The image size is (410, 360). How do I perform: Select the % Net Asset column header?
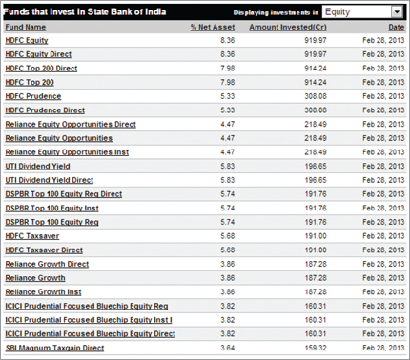pyautogui.click(x=213, y=27)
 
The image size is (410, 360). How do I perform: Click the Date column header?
pyautogui.click(x=396, y=27)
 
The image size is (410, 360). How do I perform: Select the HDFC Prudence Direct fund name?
pyautogui.click(x=45, y=110)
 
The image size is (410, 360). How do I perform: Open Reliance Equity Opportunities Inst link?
pyautogui.click(x=65, y=151)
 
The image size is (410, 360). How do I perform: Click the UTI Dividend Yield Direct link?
pyautogui.click(x=50, y=179)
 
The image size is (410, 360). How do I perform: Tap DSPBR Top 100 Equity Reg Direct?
pyautogui.click(x=64, y=193)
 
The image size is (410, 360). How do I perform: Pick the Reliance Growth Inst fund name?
pyautogui.click(x=42, y=291)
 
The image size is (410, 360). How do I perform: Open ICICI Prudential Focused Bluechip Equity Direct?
pyautogui.click(x=90, y=333)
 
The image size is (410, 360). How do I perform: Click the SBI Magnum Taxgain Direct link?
pyautogui.click(x=52, y=348)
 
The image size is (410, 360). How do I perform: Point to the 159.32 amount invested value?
pyautogui.click(x=325, y=348)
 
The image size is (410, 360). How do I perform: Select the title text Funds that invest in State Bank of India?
pyautogui.click(x=77, y=11)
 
